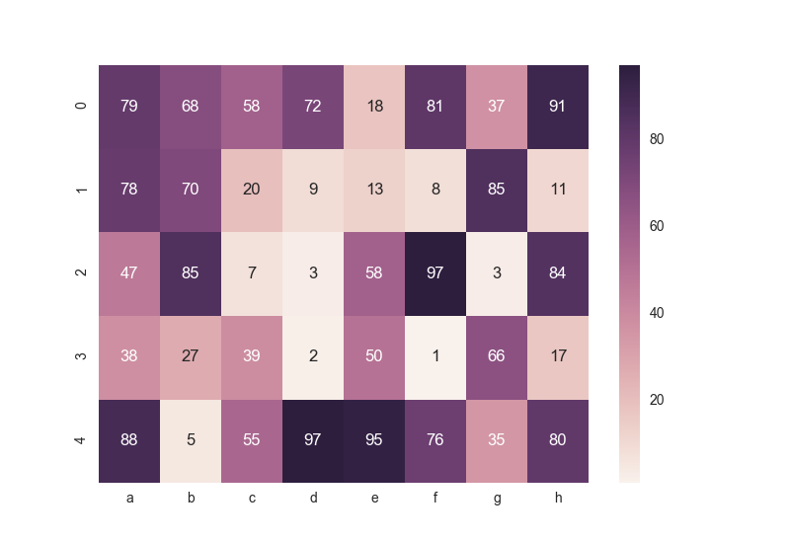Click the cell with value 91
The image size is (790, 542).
pyautogui.click(x=558, y=107)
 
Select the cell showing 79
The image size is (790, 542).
pyautogui.click(x=129, y=107)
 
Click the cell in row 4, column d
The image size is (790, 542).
pyautogui.click(x=313, y=440)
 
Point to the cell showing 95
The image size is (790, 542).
pyautogui.click(x=374, y=440)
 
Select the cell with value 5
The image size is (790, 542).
pyautogui.click(x=191, y=440)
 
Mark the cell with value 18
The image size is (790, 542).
pyautogui.click(x=374, y=107)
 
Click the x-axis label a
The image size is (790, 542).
pyautogui.click(x=129, y=499)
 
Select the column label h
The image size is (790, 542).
pyautogui.click(x=558, y=499)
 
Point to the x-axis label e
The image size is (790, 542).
pyautogui.click(x=374, y=499)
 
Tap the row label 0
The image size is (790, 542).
pyautogui.click(x=82, y=107)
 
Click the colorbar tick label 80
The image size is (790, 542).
pyautogui.click(x=657, y=139)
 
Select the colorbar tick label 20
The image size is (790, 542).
pyautogui.click(x=657, y=400)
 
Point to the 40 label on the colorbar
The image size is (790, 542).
pyautogui.click(x=657, y=313)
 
